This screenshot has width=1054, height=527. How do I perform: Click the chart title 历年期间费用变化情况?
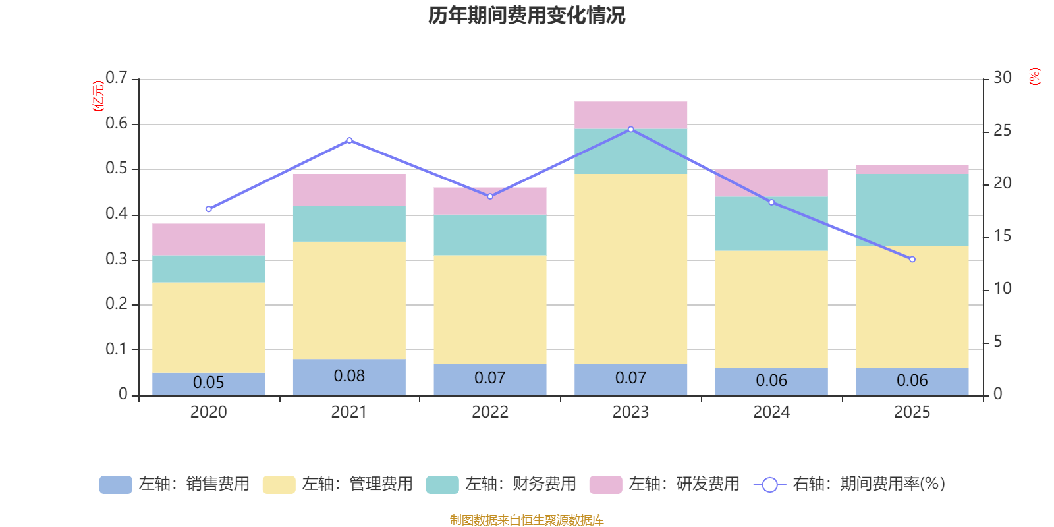click(526, 15)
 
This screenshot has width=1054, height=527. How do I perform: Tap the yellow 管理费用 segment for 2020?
click(209, 327)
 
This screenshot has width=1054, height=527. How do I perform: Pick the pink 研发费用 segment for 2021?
click(349, 190)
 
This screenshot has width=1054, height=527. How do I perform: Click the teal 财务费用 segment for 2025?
click(912, 209)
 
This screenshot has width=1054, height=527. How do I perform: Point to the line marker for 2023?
click(631, 130)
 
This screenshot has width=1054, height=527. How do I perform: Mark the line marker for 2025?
click(912, 260)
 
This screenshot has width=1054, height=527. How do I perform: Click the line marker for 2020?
click(209, 209)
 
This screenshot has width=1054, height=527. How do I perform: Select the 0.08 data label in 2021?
click(349, 376)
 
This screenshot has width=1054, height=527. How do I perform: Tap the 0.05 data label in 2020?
click(209, 383)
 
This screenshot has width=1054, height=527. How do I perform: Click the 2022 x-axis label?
click(490, 412)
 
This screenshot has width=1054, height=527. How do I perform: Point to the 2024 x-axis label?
click(771, 412)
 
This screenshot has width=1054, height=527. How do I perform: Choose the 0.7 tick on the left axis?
click(117, 78)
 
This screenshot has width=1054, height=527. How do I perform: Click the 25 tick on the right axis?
click(1002, 131)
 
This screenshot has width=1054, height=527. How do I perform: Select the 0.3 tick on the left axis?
click(117, 260)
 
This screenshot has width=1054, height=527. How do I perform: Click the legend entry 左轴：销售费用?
click(175, 484)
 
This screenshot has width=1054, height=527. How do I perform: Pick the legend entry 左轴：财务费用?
click(502, 484)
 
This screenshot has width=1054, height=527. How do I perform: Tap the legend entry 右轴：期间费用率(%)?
click(850, 484)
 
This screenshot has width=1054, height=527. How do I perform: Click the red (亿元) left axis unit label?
click(98, 96)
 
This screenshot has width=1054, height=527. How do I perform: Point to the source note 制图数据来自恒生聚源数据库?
click(526, 520)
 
